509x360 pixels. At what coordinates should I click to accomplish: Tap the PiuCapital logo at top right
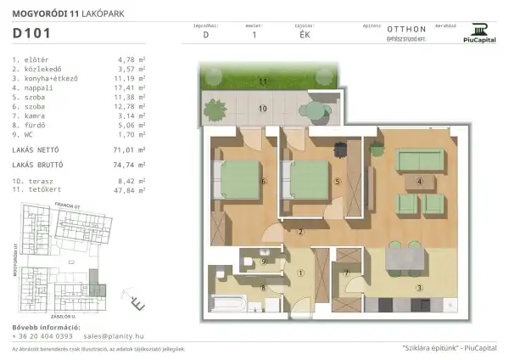click(479, 32)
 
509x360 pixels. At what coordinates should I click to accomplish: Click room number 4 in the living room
click(419, 180)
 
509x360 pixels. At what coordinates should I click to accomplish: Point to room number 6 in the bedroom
click(265, 181)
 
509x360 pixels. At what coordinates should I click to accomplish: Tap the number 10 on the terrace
click(263, 109)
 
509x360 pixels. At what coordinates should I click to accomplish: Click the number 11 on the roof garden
click(263, 81)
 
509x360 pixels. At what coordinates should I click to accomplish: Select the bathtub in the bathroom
click(228, 302)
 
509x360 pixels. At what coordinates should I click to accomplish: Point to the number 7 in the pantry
click(348, 273)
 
